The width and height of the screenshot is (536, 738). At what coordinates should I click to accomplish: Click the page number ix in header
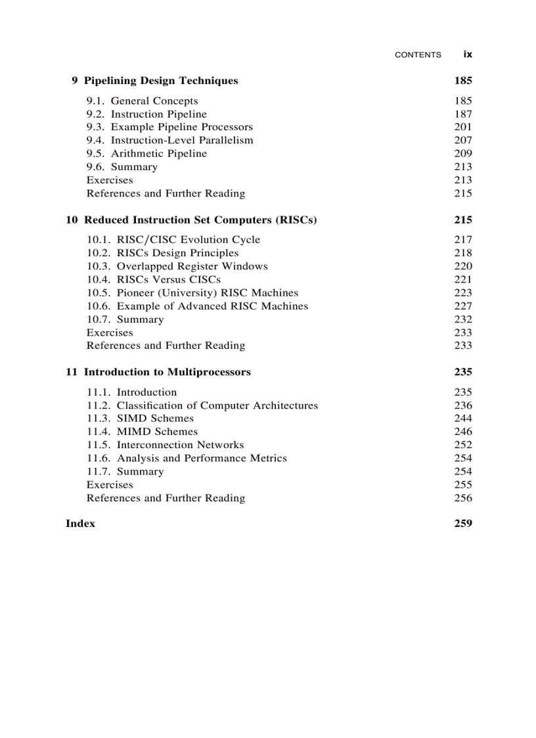[x=467, y=55]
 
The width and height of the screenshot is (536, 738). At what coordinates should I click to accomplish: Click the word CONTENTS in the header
[x=418, y=55]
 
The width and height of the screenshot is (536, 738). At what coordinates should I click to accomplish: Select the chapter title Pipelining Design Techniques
[x=161, y=81]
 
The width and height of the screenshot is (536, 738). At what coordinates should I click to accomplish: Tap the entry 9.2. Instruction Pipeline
[x=146, y=114]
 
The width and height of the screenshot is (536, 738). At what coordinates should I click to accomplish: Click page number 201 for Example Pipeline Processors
[x=462, y=127]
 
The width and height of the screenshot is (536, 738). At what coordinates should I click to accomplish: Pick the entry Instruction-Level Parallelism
[x=182, y=141]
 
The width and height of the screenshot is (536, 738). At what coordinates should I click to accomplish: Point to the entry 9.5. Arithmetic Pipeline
[x=146, y=154]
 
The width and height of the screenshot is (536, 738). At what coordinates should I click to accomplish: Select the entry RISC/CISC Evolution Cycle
[x=188, y=240]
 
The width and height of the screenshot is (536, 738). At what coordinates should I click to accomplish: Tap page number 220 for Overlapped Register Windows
[x=462, y=266]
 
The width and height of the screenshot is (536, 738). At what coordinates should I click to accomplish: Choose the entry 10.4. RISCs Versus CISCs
[x=154, y=279]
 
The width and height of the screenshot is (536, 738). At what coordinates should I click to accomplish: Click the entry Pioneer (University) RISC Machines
[x=207, y=293]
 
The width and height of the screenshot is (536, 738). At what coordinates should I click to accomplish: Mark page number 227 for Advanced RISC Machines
[x=462, y=306]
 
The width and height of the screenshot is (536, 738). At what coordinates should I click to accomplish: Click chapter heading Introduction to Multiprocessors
[x=167, y=372]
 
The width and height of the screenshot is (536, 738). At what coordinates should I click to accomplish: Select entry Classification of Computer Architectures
[x=217, y=405]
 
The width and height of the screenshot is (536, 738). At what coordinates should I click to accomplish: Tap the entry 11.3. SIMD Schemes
[x=140, y=419]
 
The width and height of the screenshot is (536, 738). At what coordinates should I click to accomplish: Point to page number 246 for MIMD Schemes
[x=462, y=432]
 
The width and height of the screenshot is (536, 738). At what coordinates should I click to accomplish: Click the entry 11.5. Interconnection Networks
[x=165, y=445]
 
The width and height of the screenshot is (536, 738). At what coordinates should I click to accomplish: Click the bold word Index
[x=80, y=524]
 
